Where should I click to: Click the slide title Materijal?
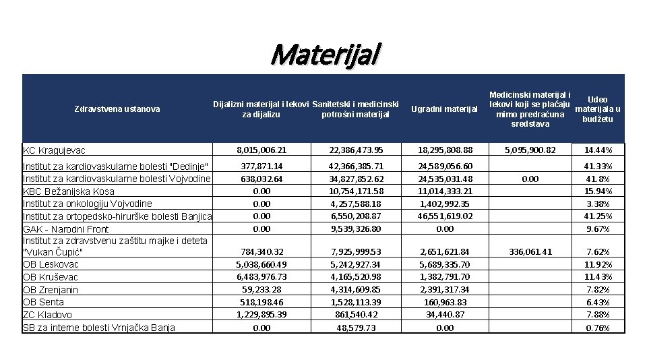click(x=326, y=54)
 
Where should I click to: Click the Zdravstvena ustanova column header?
click(x=117, y=109)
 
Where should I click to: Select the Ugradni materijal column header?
click(x=444, y=109)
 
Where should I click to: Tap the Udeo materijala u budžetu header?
click(x=597, y=109)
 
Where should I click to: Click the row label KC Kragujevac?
click(x=53, y=150)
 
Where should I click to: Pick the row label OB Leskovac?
click(x=51, y=265)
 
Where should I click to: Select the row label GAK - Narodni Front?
click(x=65, y=229)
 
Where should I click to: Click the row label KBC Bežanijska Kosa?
click(x=69, y=191)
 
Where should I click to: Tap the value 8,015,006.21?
click(x=261, y=150)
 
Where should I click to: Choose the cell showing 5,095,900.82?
click(x=523, y=150)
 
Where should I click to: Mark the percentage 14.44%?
click(x=598, y=150)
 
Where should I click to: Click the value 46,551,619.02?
click(x=445, y=216)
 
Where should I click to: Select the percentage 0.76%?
click(x=598, y=328)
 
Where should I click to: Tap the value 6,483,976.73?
click(x=261, y=277)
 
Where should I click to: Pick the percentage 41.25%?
click(x=598, y=216)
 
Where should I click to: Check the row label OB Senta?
click(x=44, y=302)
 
